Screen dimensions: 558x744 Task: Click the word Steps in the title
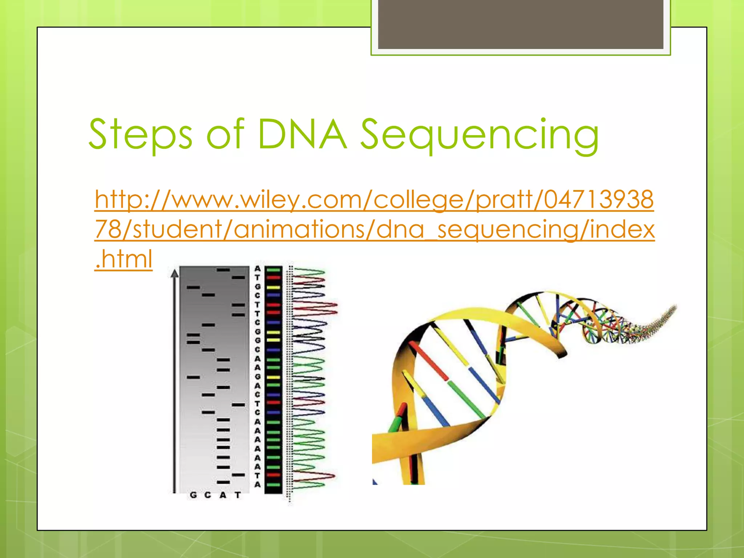(140, 134)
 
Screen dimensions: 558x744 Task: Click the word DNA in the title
(302, 134)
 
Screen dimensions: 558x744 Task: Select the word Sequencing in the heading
(480, 135)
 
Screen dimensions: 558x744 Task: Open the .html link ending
(124, 259)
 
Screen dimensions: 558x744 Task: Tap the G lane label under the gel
(193, 495)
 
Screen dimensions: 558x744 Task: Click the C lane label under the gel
(208, 495)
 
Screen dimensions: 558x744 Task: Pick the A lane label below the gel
(223, 495)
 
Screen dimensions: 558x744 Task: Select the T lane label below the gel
(238, 495)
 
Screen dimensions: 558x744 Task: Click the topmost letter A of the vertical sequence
(258, 269)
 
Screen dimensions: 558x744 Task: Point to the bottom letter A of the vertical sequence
(258, 484)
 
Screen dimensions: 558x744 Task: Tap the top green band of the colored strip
(273, 270)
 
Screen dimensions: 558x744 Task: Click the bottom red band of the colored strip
(273, 475)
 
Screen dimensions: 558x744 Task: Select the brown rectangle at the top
(520, 24)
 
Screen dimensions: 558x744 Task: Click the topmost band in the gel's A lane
(223, 270)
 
